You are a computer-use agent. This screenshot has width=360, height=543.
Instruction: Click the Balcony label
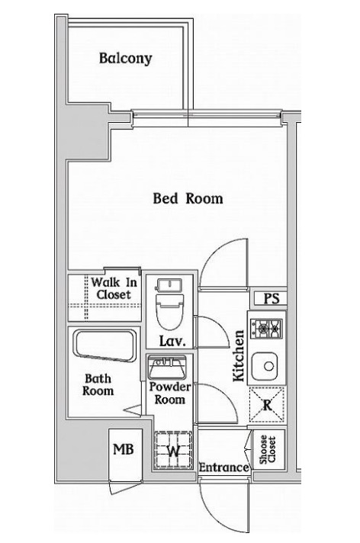pyautogui.click(x=125, y=58)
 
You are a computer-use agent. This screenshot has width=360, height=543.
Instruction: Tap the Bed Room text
pyautogui.click(x=188, y=198)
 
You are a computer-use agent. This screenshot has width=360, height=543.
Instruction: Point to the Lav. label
pyautogui.click(x=172, y=341)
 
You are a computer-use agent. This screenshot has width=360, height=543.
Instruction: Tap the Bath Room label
pyautogui.click(x=98, y=384)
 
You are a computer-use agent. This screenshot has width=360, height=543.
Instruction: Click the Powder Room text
pyautogui.click(x=169, y=394)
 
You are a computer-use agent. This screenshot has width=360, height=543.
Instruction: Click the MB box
pyautogui.click(x=123, y=449)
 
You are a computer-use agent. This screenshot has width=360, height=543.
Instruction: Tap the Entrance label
pyautogui.click(x=223, y=467)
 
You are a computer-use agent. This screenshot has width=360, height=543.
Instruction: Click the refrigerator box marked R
pyautogui.click(x=267, y=404)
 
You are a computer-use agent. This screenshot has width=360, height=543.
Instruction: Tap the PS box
pyautogui.click(x=270, y=298)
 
